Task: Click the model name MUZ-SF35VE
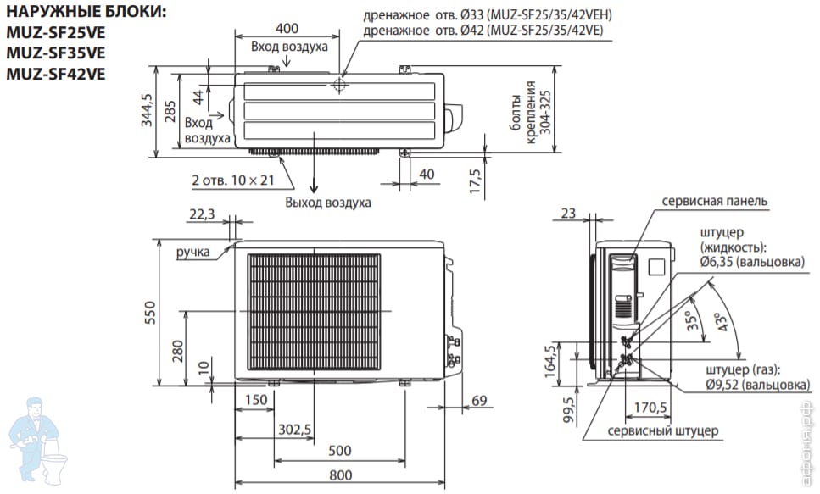[x=55, y=53]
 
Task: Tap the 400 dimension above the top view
[x=287, y=28]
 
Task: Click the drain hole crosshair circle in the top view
[x=339, y=85]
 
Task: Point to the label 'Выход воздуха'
[x=328, y=203]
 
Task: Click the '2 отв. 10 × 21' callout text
[x=232, y=180]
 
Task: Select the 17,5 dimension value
[x=475, y=180]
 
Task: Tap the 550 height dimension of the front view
[x=150, y=313]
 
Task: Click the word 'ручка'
[x=193, y=253]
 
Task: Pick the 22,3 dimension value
[x=202, y=214]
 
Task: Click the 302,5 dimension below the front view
[x=294, y=430]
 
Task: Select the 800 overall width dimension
[x=340, y=475]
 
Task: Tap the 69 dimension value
[x=479, y=401]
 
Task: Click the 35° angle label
[x=693, y=320]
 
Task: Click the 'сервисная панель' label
[x=714, y=201]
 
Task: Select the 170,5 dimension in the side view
[x=650, y=407]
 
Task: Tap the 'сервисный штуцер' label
[x=662, y=431]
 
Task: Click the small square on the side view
[x=655, y=267]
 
